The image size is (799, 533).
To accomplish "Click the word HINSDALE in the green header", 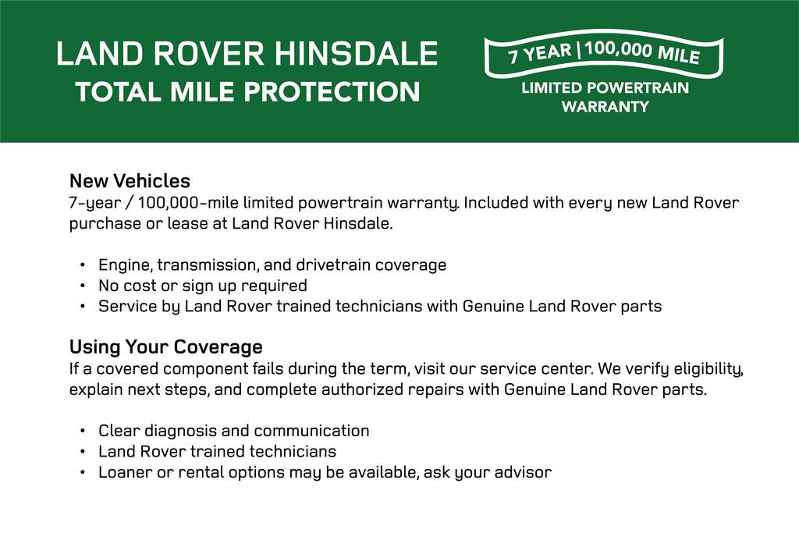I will (356, 55).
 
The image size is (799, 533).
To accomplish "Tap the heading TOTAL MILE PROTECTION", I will (248, 92).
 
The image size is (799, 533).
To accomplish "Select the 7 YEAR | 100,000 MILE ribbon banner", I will (603, 55).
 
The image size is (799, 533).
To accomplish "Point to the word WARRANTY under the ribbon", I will (605, 107).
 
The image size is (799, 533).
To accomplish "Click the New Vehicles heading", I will (130, 181).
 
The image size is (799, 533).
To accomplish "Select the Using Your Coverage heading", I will (165, 346).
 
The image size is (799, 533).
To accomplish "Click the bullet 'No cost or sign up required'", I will (202, 286).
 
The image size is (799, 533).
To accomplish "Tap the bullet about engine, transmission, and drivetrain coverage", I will (272, 265).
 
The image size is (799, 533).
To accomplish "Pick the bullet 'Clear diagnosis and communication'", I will (233, 431).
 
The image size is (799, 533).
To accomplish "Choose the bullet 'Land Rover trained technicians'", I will (217, 451).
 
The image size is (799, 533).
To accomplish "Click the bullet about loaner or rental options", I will (325, 472).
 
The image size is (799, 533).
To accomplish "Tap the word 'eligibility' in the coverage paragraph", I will (705, 368).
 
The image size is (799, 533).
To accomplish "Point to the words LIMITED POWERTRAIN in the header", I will (605, 87).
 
